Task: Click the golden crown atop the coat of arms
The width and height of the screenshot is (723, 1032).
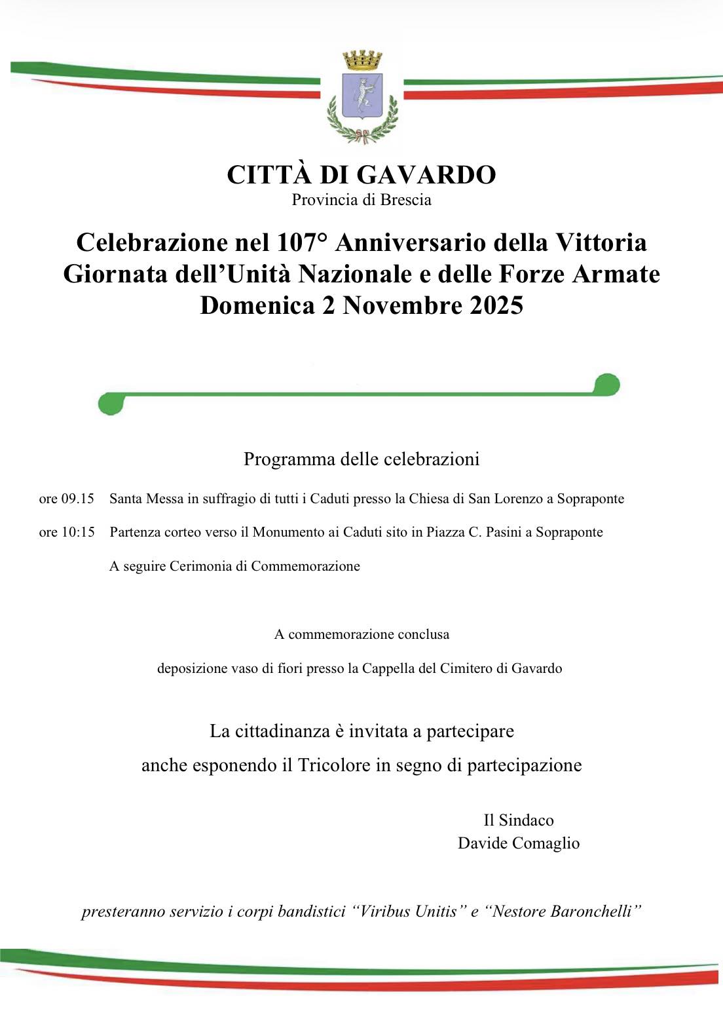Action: [361, 62]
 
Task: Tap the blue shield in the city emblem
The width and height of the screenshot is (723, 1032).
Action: [361, 96]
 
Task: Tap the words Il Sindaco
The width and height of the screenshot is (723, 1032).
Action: [518, 820]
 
